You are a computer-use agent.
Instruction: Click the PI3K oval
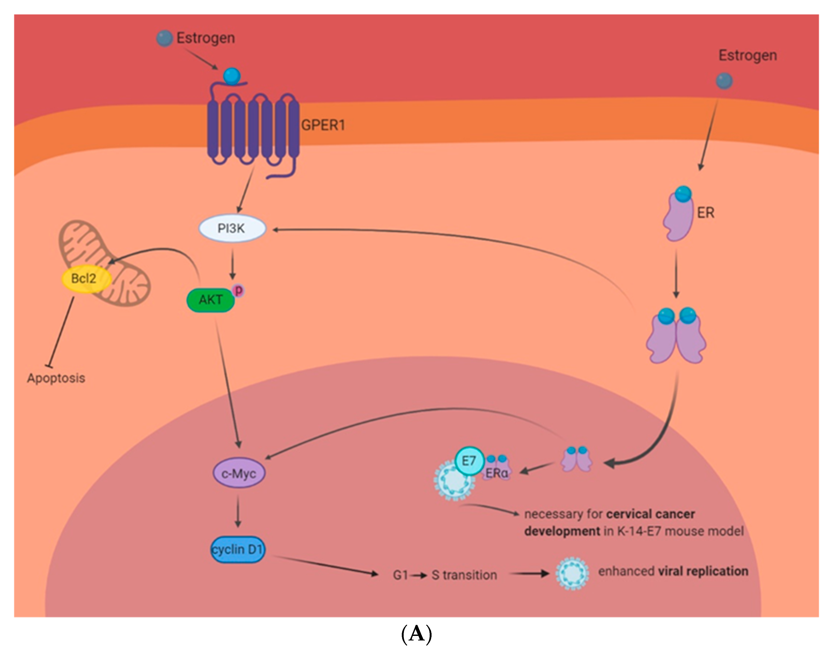pyautogui.click(x=232, y=229)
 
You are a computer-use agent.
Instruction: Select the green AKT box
pyautogui.click(x=210, y=300)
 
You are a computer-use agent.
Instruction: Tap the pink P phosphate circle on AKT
pyautogui.click(x=238, y=291)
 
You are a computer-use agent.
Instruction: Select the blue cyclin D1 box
pyautogui.click(x=238, y=549)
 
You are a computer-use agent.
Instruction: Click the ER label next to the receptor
pyautogui.click(x=705, y=213)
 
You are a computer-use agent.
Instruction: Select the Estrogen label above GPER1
pyautogui.click(x=206, y=38)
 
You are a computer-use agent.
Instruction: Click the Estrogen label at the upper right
pyautogui.click(x=747, y=55)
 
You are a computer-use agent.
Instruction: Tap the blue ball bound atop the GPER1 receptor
pyautogui.click(x=232, y=76)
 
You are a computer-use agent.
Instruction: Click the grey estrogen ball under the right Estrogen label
pyautogui.click(x=724, y=81)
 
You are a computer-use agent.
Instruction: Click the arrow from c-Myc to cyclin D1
pyautogui.click(x=238, y=511)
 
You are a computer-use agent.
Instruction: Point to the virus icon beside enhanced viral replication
pyautogui.click(x=572, y=574)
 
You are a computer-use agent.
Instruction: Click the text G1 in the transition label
pyautogui.click(x=400, y=575)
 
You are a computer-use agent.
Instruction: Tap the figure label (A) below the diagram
pyautogui.click(x=416, y=634)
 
